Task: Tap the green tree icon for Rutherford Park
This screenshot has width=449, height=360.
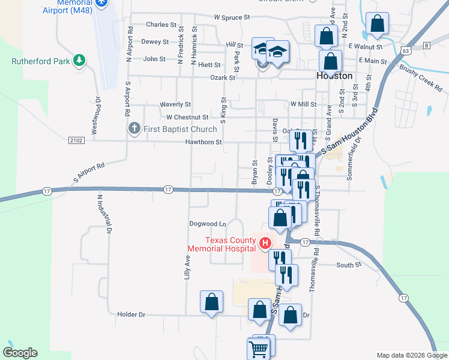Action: [79, 60]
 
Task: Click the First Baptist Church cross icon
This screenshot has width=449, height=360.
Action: [134, 128]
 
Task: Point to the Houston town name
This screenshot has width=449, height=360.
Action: [334, 76]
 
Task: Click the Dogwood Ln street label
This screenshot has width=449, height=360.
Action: [207, 224]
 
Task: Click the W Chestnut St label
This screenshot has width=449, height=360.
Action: [187, 117]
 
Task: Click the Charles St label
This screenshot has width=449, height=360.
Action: [161, 25]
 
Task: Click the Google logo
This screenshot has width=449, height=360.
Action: [20, 353]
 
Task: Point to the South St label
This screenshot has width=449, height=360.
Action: [349, 265]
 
